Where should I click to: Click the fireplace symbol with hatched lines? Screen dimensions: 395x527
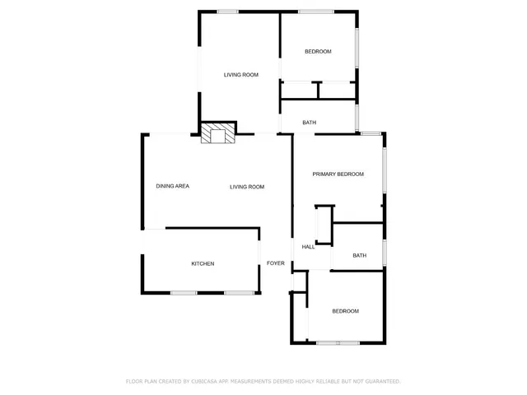[x=217, y=134]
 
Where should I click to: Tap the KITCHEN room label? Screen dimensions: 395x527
[x=203, y=263]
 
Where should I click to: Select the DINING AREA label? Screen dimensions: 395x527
[x=173, y=186]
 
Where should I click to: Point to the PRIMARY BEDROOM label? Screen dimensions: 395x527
[x=338, y=174]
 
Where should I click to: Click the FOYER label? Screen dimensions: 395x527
[x=275, y=263]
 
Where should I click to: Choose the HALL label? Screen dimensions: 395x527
[x=309, y=247]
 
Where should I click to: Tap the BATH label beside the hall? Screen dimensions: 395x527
[x=360, y=255]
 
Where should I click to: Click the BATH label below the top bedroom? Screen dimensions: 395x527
[x=309, y=123]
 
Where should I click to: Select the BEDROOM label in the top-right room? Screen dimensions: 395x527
[x=318, y=52]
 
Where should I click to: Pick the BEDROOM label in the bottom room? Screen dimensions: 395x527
[x=345, y=310]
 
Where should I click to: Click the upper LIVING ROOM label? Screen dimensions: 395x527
[x=241, y=75]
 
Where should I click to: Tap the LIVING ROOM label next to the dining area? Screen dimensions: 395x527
[x=247, y=187]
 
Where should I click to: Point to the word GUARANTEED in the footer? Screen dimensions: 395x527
[x=381, y=381]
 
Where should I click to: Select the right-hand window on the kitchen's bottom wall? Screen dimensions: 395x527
[x=240, y=292]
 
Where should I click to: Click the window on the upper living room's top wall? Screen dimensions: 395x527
[x=228, y=11]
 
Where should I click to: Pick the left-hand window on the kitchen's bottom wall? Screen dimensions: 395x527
[x=183, y=292]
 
